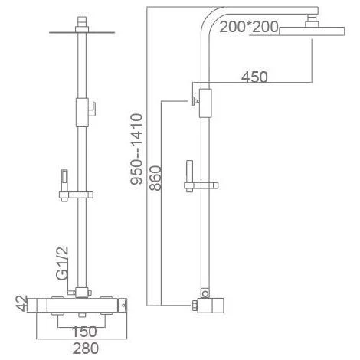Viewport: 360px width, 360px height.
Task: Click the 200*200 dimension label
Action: click(249, 27)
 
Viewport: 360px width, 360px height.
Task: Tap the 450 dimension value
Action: click(254, 77)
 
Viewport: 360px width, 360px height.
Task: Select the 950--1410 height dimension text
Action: click(136, 149)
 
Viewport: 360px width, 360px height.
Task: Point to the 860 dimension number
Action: click(155, 178)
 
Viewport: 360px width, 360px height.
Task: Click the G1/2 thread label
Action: click(62, 263)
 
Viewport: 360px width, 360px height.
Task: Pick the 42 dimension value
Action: click(21, 304)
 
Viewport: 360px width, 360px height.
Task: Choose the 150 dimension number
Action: click(84, 332)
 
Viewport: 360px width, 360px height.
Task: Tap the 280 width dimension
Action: click(86, 349)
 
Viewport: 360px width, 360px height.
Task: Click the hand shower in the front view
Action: click(64, 185)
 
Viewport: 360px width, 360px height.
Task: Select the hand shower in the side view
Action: click(190, 176)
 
